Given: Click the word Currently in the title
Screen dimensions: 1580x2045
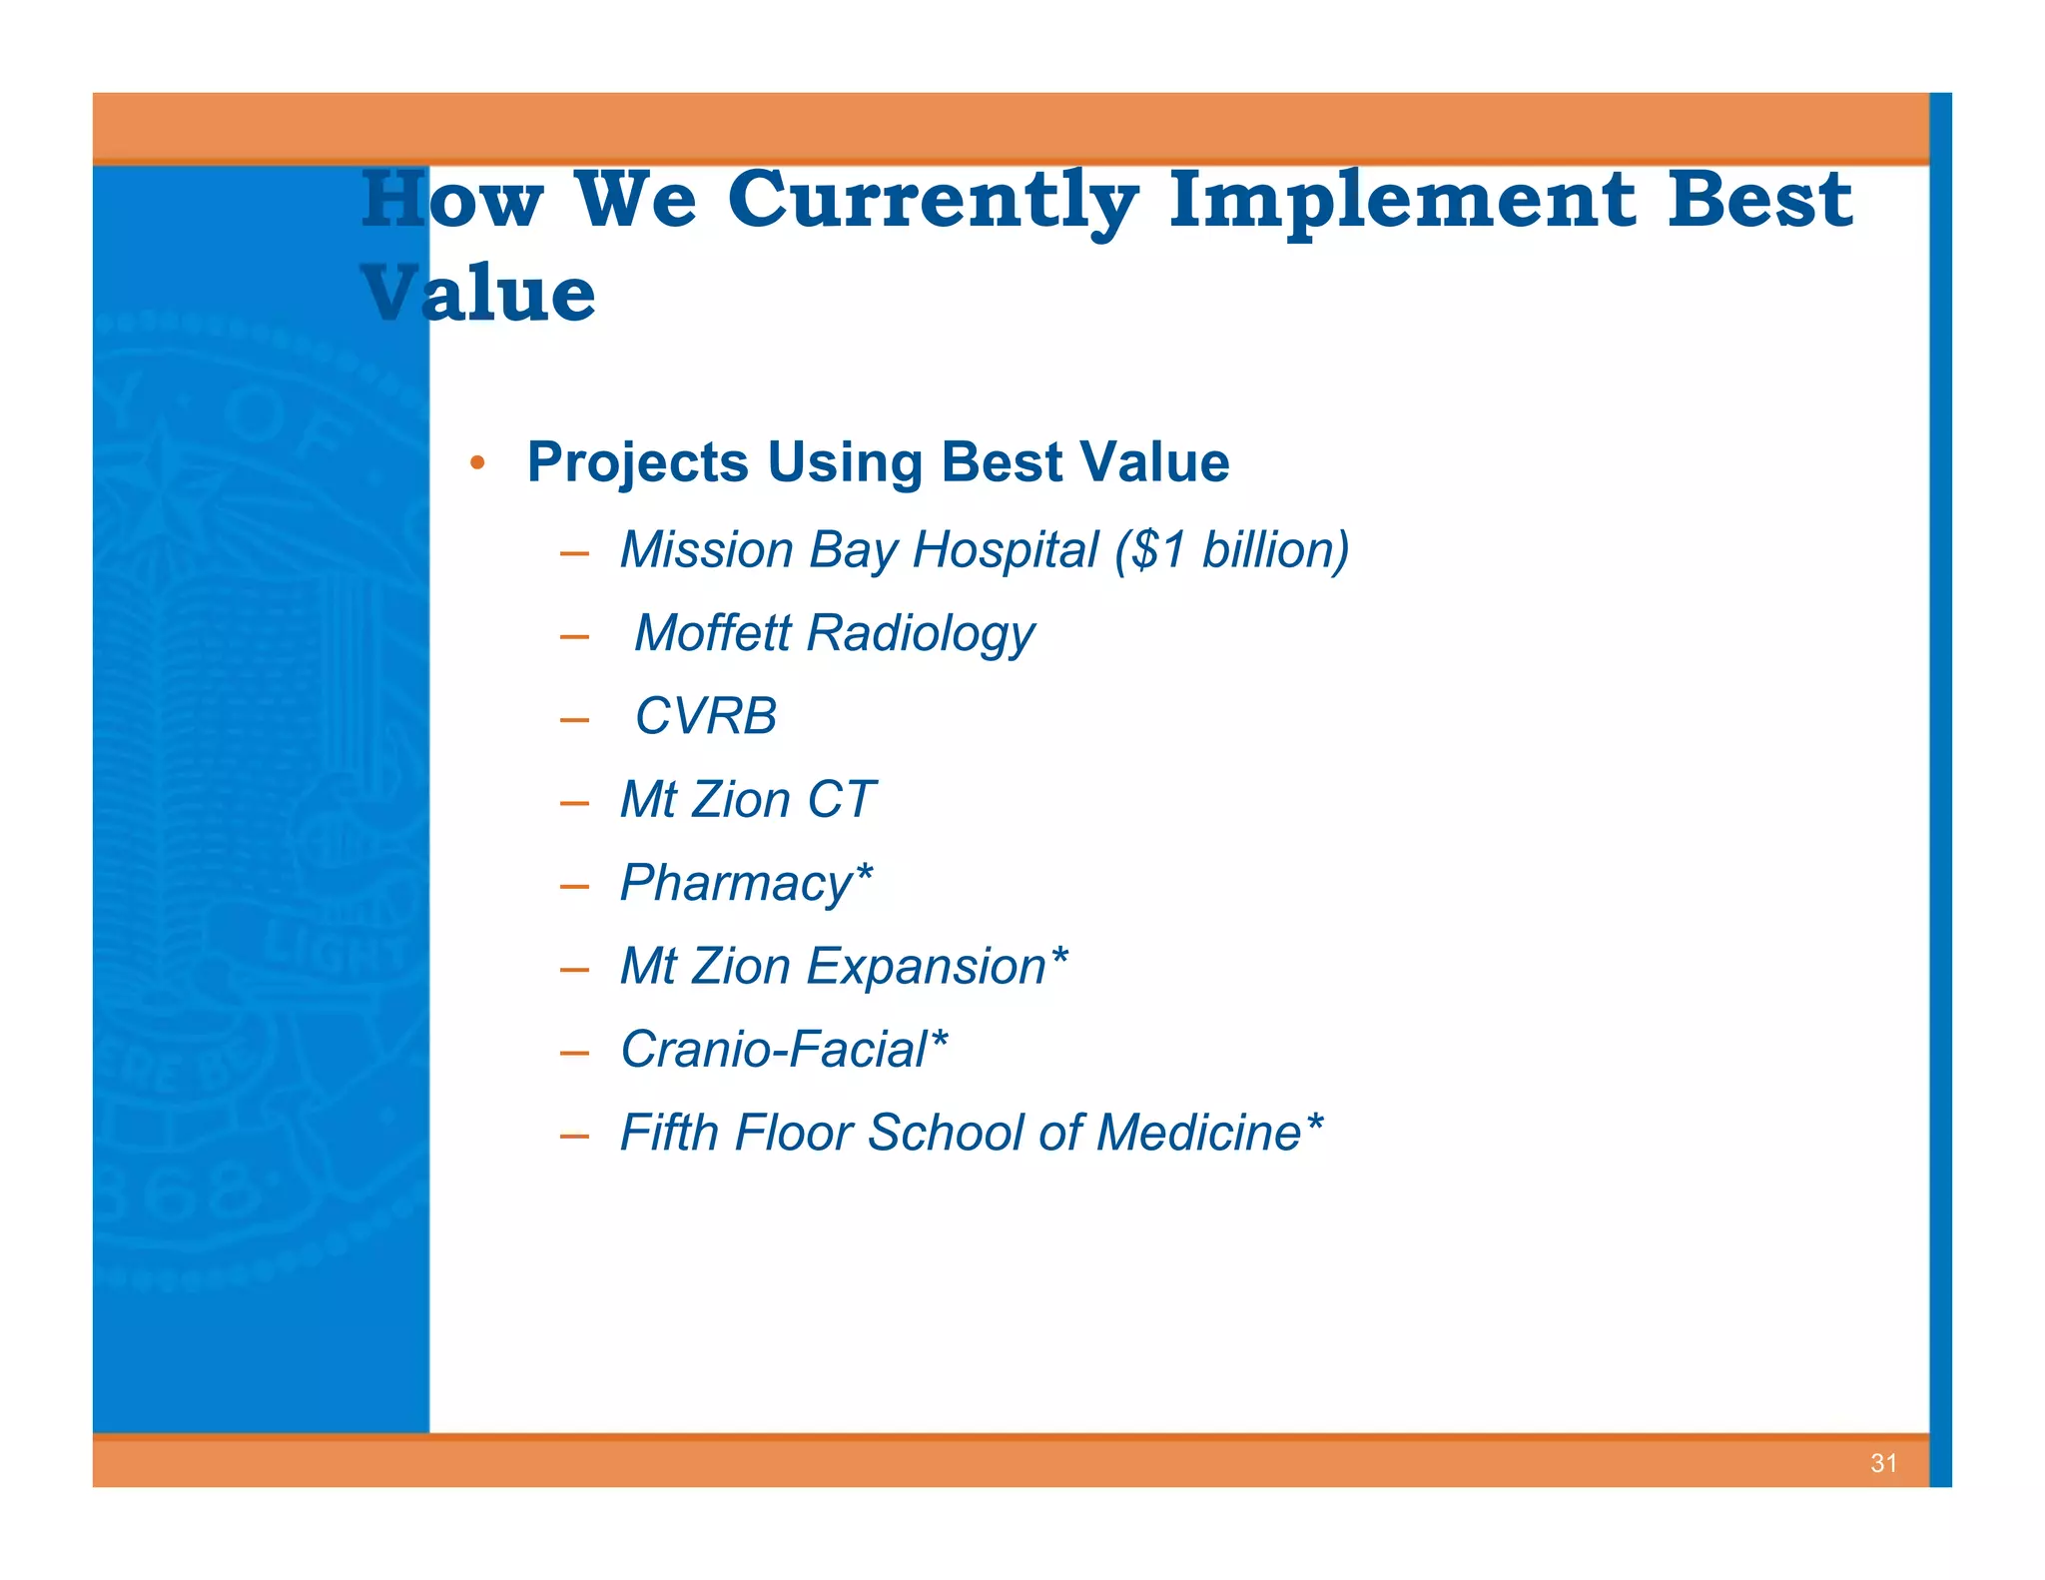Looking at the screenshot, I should coord(933,200).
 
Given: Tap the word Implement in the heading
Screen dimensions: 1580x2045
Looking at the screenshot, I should coord(1402,200).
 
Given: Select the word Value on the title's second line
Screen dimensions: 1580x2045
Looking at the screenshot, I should coord(479,294).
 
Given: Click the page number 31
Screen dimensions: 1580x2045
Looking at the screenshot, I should coord(1883,1463).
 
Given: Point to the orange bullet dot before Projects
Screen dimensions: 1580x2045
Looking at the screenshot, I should coord(477,462).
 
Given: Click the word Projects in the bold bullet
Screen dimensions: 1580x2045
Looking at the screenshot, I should coord(637,462).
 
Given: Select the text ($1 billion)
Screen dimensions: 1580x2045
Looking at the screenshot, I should coord(1232,549).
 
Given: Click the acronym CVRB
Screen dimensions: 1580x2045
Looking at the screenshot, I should coord(705,716).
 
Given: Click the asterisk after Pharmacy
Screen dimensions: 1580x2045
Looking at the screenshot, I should coord(864,873).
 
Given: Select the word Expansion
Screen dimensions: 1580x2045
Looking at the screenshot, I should coord(926,967).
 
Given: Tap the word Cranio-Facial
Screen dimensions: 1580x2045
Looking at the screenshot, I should coord(774,1050).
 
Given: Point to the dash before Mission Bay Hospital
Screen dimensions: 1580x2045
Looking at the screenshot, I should coord(574,553).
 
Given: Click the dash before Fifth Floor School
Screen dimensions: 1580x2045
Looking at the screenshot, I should coord(574,1137).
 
